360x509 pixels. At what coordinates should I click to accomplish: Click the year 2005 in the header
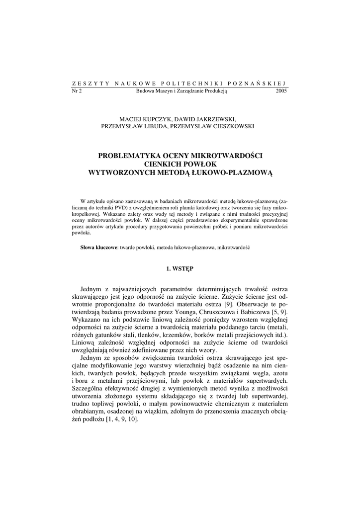(x=281, y=91)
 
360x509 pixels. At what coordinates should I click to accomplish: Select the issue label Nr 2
(x=77, y=91)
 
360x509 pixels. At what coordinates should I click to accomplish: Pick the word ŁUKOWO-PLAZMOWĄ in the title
(x=233, y=172)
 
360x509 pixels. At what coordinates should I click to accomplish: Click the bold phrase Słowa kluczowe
(x=98, y=247)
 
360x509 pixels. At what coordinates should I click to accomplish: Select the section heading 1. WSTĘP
(x=180, y=269)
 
